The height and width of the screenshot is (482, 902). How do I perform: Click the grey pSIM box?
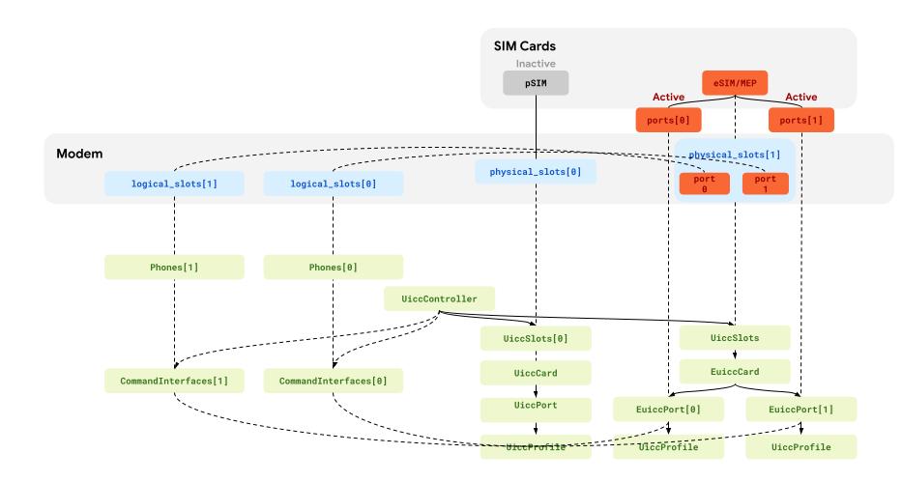[535, 84]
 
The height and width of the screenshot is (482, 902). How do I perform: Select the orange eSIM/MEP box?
[735, 84]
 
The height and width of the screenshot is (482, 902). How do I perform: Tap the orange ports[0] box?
[668, 121]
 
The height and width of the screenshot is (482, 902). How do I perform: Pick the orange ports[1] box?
[801, 121]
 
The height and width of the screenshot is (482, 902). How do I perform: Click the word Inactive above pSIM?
[535, 64]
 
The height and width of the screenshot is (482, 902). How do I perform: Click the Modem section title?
[79, 154]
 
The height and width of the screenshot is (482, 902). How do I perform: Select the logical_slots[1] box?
[172, 183]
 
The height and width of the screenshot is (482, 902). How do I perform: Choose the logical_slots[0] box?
[333, 183]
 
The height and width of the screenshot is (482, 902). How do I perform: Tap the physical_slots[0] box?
[535, 172]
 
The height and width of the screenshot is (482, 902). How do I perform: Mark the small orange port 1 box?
[765, 183]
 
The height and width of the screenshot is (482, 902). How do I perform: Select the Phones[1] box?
[172, 267]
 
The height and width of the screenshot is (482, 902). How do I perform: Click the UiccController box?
[440, 298]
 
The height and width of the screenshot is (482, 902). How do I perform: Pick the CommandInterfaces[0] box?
[333, 381]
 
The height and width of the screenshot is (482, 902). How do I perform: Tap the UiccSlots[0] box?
[535, 338]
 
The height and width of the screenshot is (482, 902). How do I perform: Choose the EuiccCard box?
[735, 371]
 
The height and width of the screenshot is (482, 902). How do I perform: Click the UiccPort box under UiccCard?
[535, 407]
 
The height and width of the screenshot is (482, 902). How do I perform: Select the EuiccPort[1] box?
[801, 410]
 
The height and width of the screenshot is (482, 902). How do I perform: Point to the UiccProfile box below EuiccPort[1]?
[801, 447]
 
